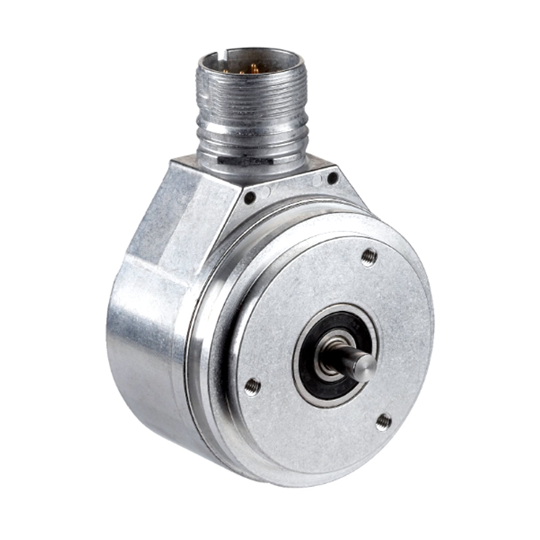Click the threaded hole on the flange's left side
point(252,386)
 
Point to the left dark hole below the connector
point(249,198)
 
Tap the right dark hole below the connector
point(333,178)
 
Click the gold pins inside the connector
point(253,69)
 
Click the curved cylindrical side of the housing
point(146,346)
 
